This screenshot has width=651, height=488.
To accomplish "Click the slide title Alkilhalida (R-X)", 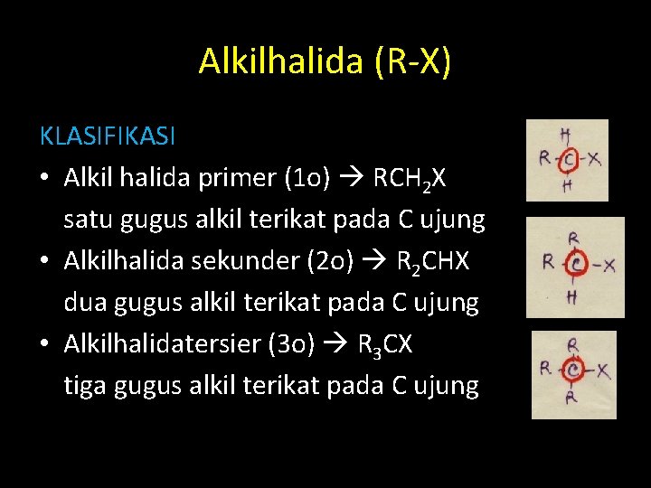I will (325, 61).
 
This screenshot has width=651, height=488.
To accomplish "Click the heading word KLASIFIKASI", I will (108, 136).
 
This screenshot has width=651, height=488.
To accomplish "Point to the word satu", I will (90, 220).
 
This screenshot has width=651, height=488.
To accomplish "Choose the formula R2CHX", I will (433, 262).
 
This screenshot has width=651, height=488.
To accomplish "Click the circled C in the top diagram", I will (568, 160).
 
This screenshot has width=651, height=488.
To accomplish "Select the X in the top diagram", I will (594, 159).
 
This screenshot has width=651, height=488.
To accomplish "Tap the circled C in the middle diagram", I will (574, 264).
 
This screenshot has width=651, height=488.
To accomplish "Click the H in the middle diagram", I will (571, 297).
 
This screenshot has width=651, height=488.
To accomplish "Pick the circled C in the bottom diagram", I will (571, 369).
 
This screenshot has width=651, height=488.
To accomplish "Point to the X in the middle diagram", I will (609, 265).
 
